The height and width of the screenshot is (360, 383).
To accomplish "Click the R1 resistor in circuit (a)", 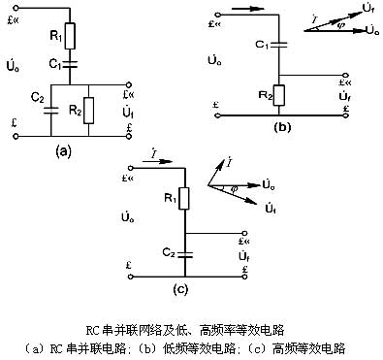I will (x=68, y=40).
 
